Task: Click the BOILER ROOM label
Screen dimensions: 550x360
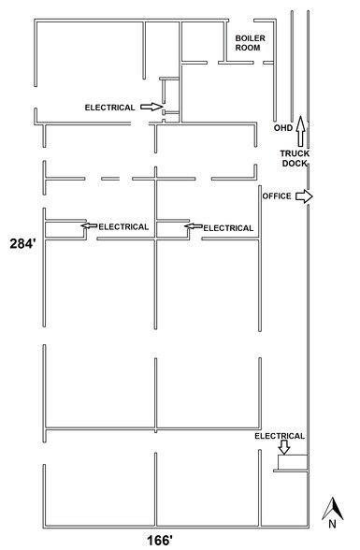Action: coord(250,43)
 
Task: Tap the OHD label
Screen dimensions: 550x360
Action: coord(282,127)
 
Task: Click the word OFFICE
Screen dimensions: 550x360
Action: coord(277,196)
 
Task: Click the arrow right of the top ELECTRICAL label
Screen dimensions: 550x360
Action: coord(150,107)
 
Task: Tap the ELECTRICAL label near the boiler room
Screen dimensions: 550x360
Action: coord(110,107)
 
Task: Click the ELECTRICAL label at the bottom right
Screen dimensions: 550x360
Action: coord(281,435)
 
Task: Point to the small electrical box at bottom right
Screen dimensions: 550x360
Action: coord(292,462)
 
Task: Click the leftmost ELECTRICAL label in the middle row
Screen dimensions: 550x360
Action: coord(124,226)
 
